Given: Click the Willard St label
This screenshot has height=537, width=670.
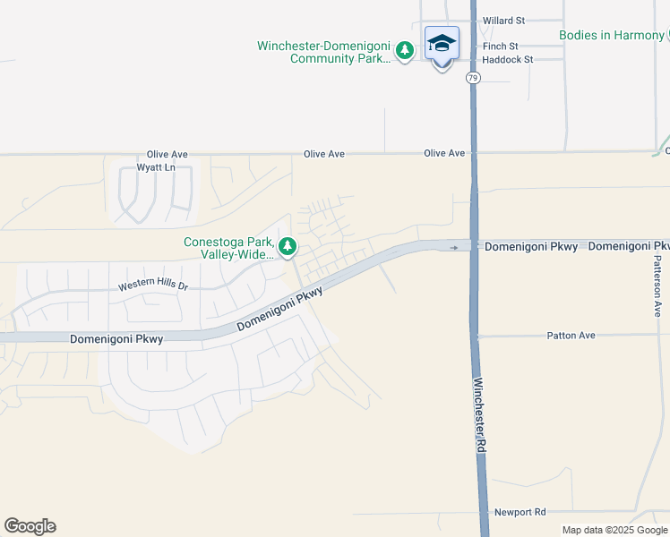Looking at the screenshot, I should [x=502, y=20].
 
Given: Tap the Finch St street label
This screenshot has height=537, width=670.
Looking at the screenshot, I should [x=500, y=46].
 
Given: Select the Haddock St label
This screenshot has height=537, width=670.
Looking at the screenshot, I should [x=507, y=59].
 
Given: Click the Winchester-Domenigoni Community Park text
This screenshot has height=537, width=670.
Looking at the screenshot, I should [x=324, y=52].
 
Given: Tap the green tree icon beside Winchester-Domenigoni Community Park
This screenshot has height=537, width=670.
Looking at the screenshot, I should [x=405, y=51].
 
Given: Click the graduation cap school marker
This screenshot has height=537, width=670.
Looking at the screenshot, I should [x=442, y=44].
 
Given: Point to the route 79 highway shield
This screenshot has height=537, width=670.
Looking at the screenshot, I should [x=472, y=79].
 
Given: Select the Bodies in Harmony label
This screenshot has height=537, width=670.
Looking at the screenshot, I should [x=612, y=35].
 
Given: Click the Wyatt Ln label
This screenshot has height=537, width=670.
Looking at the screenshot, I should [x=156, y=167].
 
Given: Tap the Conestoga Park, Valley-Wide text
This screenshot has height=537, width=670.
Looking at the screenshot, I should [x=228, y=248].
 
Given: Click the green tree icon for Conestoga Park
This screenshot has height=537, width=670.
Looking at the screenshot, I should [x=288, y=245].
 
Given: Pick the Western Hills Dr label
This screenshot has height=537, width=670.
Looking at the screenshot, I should [x=154, y=286].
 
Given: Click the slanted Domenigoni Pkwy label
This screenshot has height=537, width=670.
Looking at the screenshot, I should [x=279, y=310].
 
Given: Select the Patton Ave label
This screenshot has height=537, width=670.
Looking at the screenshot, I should [x=571, y=336].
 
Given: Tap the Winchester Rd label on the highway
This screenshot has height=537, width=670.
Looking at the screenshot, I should [x=480, y=414].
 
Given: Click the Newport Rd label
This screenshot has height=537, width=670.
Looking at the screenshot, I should [x=520, y=512].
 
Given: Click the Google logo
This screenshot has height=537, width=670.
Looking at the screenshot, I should [x=30, y=526].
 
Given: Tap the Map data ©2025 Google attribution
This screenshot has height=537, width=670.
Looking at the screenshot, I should [x=614, y=530].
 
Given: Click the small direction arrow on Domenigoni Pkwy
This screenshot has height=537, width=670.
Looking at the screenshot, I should [x=455, y=247].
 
